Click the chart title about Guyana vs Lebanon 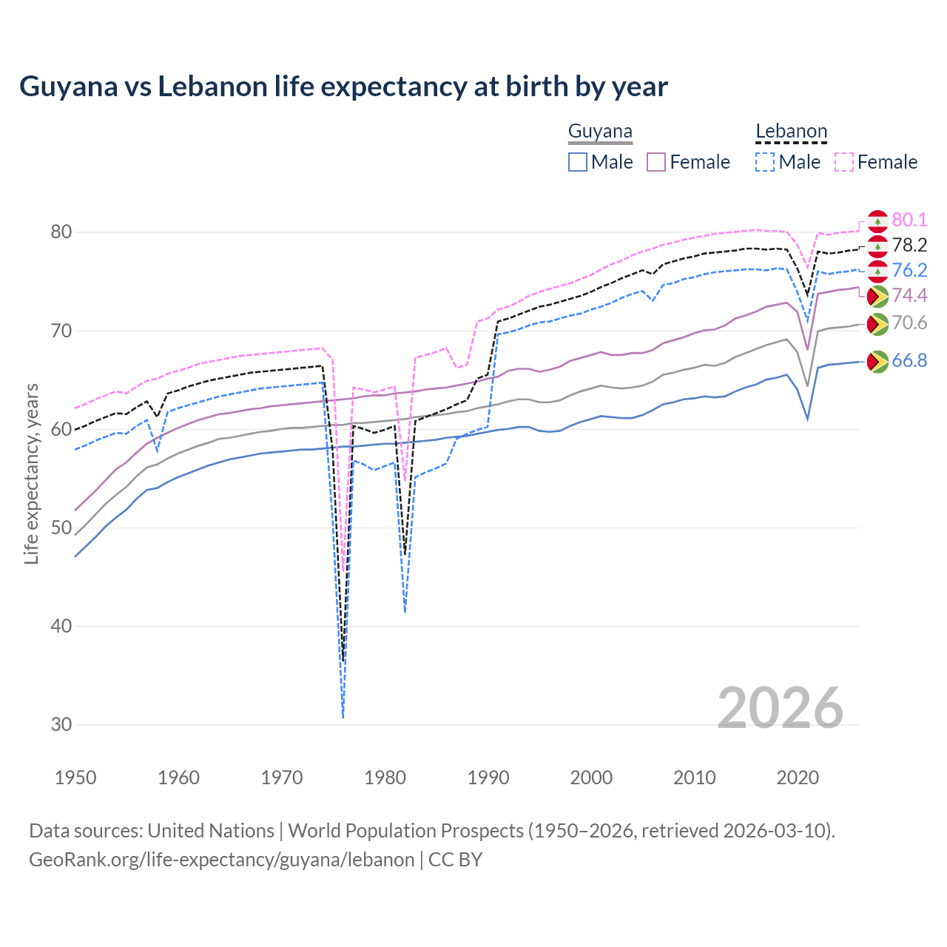pos(343,87)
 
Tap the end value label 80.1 pos(909,220)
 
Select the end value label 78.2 pos(909,245)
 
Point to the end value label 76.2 pos(909,270)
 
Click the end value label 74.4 pos(909,295)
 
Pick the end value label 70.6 pos(909,323)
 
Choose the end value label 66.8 pos(909,360)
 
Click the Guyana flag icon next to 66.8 pos(877,362)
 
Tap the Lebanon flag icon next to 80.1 pos(877,220)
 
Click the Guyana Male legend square pos(578,162)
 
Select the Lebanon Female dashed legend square pos(843,162)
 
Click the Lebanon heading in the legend pos(791,132)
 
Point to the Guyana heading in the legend pos(600,132)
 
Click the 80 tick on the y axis pos(61,232)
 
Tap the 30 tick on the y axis pos(61,725)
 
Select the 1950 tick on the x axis pos(75,778)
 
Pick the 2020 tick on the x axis pos(798,778)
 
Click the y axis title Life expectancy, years pos(31,473)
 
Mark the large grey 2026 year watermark pos(780,708)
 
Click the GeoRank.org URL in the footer pos(221,860)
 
